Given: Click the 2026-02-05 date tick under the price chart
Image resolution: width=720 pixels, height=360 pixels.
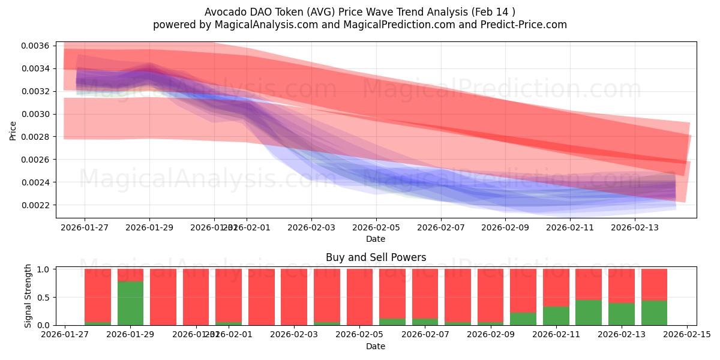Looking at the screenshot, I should pos(376,227).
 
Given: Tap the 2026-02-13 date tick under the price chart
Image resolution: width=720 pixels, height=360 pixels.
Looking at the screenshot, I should pos(635,227).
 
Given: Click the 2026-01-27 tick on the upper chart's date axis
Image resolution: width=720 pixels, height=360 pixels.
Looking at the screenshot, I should pos(84,227).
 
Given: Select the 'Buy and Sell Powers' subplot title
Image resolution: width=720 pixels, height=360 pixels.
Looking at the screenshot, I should pos(376,257).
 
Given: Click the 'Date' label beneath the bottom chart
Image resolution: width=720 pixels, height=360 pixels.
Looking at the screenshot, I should pos(376,346).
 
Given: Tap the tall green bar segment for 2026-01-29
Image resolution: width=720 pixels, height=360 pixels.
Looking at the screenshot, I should pos(130,303).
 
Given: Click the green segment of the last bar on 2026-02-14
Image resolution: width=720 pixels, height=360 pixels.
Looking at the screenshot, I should pos(654,313).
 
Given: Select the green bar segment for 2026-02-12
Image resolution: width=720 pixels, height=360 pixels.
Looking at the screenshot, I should pos(589,312).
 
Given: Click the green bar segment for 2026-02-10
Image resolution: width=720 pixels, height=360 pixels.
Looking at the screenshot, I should pos(523,319).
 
